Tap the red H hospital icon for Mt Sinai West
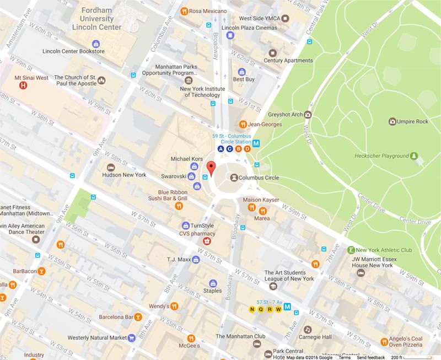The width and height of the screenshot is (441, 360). point(23,85)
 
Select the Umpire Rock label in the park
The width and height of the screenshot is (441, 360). point(412,121)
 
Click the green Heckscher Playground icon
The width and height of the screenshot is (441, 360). point(414,157)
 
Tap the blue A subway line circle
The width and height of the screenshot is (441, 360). point(221,149)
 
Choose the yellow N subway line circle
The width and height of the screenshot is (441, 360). point(252,309)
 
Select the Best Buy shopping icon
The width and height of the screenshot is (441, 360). point(241,72)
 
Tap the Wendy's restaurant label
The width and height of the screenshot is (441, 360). point(158,306)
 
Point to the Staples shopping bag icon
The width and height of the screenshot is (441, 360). point(213,283)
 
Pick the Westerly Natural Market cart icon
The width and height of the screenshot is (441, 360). point(132,337)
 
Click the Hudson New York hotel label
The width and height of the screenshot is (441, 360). point(125,175)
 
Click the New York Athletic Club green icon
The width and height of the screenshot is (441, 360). point(351,250)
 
